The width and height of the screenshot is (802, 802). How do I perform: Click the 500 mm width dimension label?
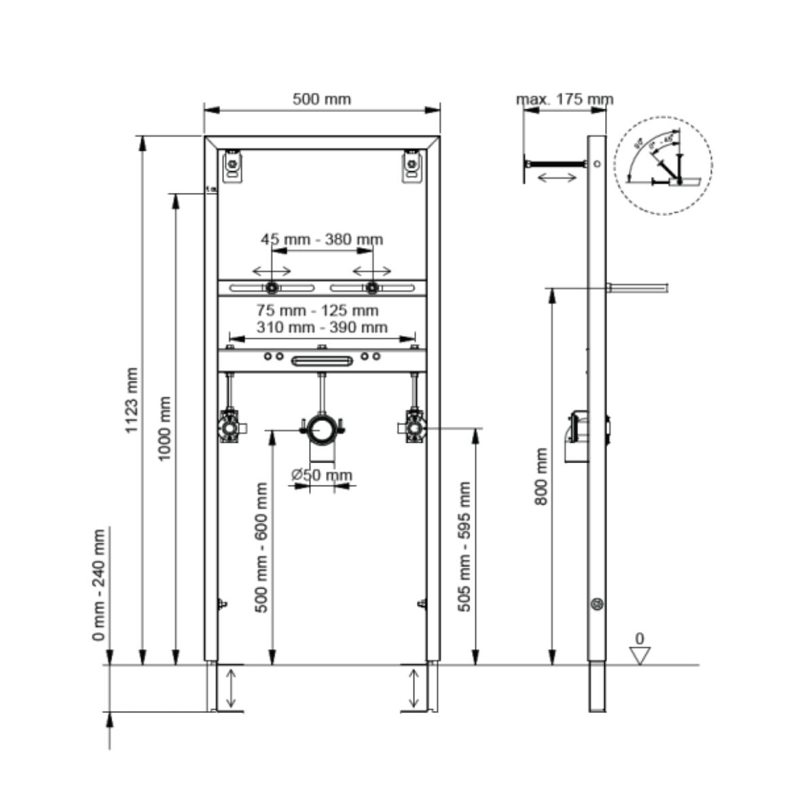tap(322, 99)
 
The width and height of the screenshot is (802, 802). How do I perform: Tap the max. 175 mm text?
tap(565, 99)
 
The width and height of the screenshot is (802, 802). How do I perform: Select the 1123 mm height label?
tap(132, 401)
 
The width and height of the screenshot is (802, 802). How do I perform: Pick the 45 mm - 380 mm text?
tap(322, 239)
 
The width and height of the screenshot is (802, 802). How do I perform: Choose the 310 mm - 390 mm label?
tap(322, 327)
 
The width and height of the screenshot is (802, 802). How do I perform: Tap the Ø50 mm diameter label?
tap(323, 475)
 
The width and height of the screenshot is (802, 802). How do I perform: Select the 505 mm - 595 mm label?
tap(464, 547)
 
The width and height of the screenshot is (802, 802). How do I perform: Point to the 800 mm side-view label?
tap(541, 476)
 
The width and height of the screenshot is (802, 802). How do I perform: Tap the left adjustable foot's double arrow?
tap(231, 689)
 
